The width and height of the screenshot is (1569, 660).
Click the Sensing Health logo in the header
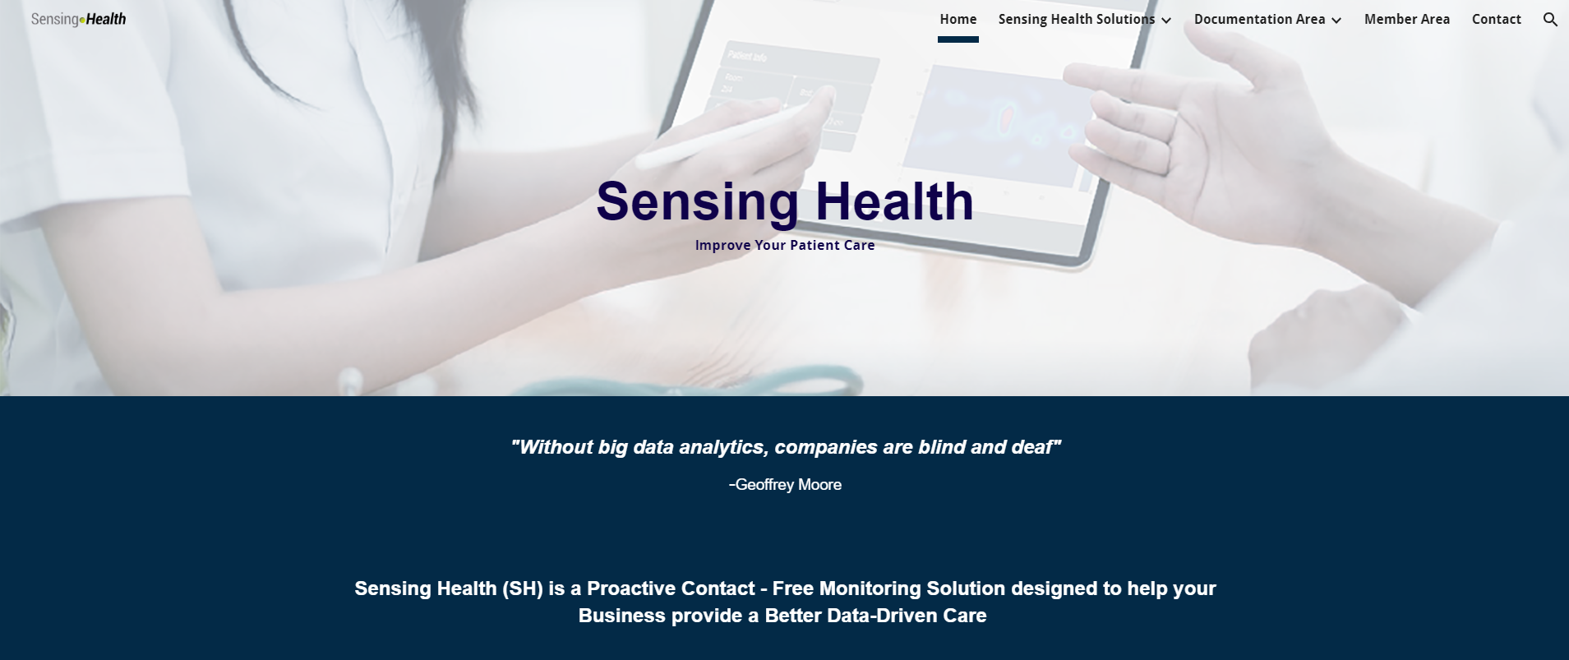pyautogui.click(x=78, y=19)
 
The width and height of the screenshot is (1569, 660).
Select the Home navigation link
pyautogui.click(x=958, y=19)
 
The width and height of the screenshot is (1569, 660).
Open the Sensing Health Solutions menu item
pyautogui.click(x=1076, y=19)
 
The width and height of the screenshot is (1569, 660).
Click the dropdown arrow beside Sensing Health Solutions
pyautogui.click(x=1166, y=21)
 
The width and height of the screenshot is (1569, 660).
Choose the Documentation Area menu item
pyautogui.click(x=1259, y=19)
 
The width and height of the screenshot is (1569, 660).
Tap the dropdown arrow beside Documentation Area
pyautogui.click(x=1336, y=21)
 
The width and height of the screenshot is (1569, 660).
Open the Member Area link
pyautogui.click(x=1406, y=19)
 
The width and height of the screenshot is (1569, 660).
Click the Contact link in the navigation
pyautogui.click(x=1496, y=19)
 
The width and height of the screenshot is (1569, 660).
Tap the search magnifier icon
pyautogui.click(x=1550, y=19)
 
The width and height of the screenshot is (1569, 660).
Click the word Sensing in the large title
pyautogui.click(x=697, y=202)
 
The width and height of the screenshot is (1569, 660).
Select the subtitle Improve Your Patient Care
pyautogui.click(x=785, y=245)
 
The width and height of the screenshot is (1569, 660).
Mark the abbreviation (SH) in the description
pyautogui.click(x=523, y=588)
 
